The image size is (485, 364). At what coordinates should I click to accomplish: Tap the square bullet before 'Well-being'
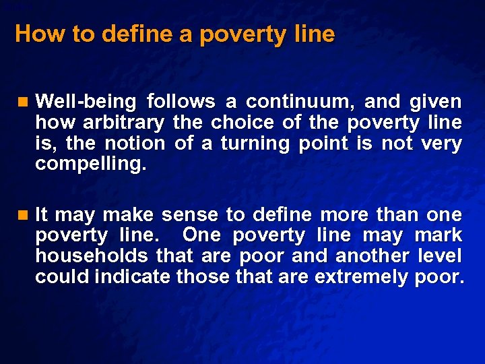pos(24,102)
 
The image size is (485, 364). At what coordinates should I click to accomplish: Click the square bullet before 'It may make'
pos(24,215)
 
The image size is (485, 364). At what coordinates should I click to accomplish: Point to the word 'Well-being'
pos(86,102)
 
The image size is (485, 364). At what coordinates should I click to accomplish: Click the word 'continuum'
pos(300,102)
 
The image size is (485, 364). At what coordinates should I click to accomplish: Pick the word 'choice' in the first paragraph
pos(242,123)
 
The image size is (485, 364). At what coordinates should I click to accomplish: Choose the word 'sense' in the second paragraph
pos(191,215)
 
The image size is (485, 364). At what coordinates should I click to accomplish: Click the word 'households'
pos(92,256)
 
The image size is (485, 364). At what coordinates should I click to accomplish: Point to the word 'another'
pos(372,256)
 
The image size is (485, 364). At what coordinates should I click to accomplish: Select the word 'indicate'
pos(133,277)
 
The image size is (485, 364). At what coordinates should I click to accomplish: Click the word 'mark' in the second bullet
pos(439,236)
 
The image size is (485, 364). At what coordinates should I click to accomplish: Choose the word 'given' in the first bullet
pos(438,102)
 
